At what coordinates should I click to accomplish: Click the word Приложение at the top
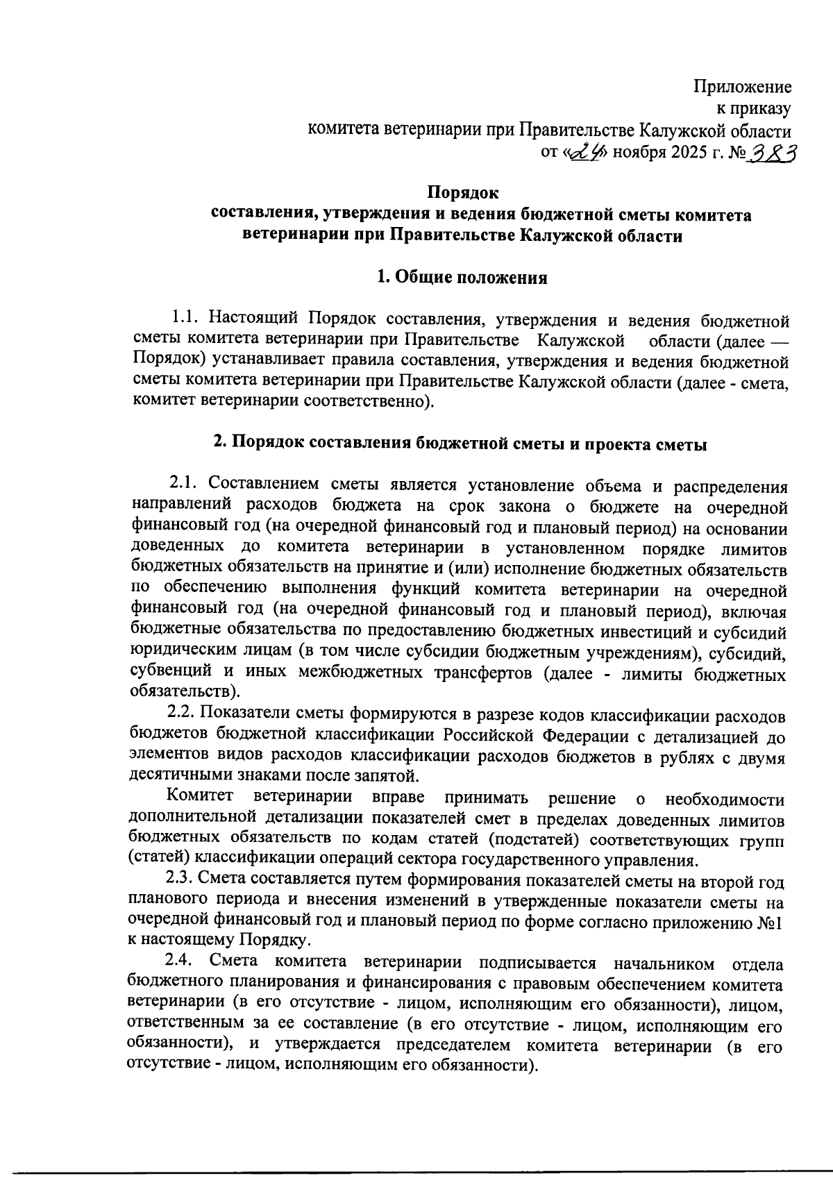tap(743, 87)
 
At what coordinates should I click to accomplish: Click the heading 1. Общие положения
tap(462, 278)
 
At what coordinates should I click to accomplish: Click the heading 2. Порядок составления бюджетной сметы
tap(459, 444)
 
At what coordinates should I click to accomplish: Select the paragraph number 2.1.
tap(185, 483)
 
